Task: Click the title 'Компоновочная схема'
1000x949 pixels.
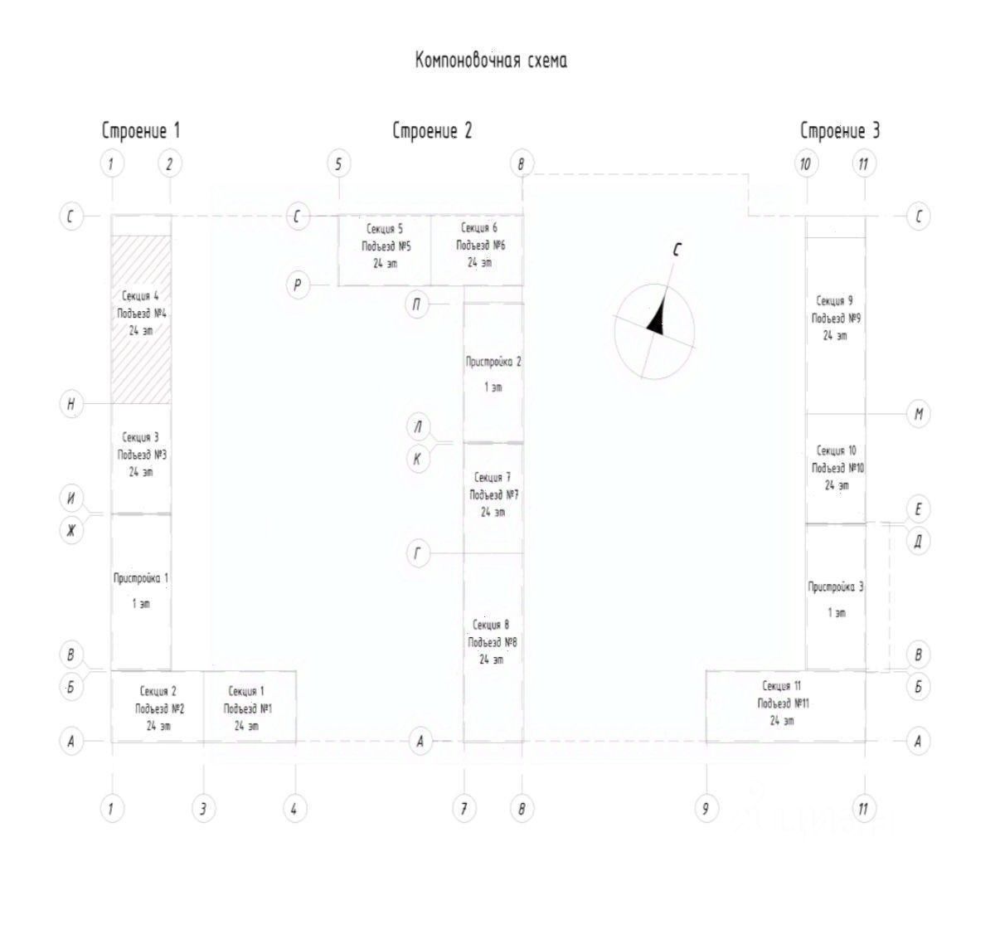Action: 491,61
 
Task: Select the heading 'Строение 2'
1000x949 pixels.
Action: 432,131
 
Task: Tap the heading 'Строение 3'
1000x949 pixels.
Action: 839,131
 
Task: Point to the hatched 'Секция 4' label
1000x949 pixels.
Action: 140,296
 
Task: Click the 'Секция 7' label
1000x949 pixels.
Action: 493,478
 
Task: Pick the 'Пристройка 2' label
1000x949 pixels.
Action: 493,362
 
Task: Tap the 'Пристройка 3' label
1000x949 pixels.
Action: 836,587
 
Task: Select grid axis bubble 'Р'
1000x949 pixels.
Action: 299,285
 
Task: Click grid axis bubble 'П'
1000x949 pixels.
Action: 417,304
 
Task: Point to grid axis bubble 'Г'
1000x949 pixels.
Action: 419,552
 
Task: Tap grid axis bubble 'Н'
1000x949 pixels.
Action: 71,404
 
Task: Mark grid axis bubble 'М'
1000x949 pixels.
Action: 918,414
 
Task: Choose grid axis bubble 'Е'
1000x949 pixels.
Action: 918,509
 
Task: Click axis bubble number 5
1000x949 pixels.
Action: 337,163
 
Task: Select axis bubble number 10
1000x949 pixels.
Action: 805,163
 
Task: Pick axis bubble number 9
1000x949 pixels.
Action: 706,808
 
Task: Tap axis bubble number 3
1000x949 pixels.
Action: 203,808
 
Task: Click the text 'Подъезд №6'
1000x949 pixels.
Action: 480,246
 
